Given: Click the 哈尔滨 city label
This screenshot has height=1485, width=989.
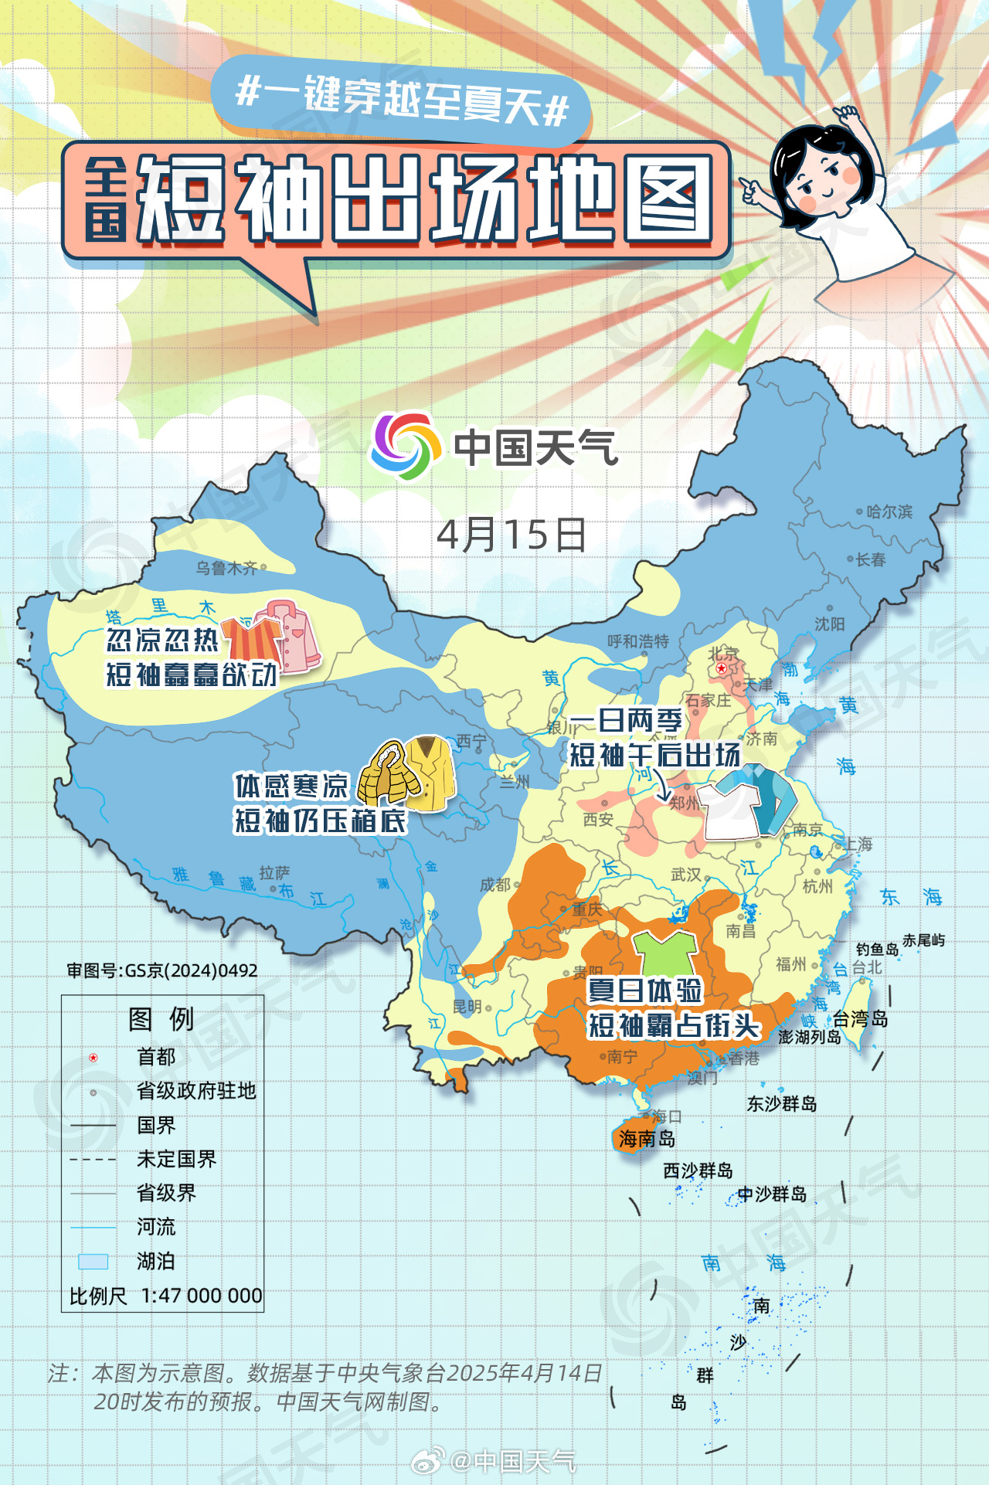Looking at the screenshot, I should tap(889, 511).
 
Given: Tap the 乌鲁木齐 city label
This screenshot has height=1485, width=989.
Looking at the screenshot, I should tap(226, 569).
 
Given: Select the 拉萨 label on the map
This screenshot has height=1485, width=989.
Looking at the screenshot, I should tap(274, 872).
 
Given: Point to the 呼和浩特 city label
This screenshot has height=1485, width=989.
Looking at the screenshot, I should tap(637, 641).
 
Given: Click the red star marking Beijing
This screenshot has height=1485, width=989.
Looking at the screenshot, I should tap(721, 668).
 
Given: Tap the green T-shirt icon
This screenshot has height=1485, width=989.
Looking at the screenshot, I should tap(664, 953).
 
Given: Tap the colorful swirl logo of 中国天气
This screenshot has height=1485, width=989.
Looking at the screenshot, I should tap(402, 446).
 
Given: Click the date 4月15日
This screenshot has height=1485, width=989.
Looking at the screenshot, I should tap(511, 535).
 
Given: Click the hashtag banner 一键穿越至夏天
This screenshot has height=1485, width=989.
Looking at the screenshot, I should tap(402, 101).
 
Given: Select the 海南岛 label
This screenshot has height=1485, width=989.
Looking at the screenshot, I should tap(647, 1138).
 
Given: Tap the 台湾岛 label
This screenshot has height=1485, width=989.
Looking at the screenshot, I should tap(860, 1019).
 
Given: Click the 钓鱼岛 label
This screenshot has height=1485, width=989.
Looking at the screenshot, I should tap(877, 949).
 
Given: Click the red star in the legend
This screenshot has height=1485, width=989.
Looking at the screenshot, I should tap(93, 1057).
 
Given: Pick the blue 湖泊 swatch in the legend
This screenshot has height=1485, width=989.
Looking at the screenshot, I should tap(93, 1262).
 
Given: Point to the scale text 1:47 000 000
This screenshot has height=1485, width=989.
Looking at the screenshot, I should tap(202, 1296).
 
